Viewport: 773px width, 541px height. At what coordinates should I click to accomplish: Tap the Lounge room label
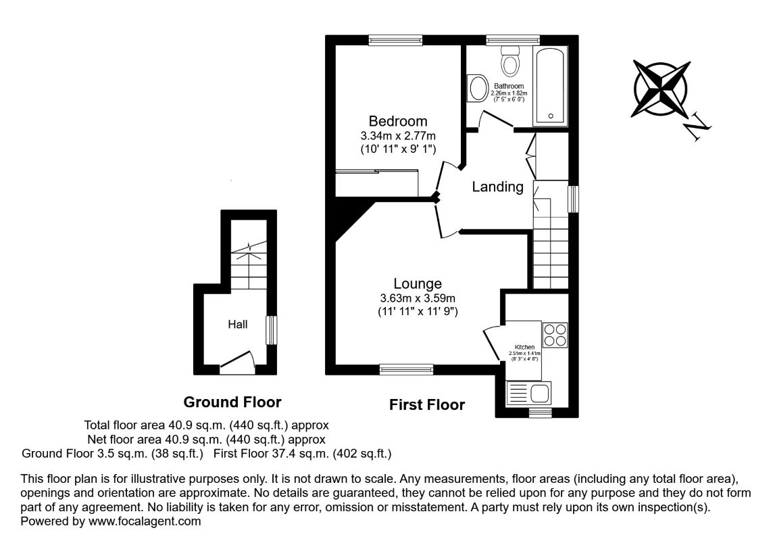pyautogui.click(x=418, y=284)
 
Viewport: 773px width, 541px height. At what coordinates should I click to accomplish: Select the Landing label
pyautogui.click(x=497, y=187)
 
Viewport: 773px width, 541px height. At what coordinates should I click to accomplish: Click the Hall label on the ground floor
pyautogui.click(x=237, y=325)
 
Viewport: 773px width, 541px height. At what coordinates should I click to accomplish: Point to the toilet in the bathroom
pyautogui.click(x=510, y=62)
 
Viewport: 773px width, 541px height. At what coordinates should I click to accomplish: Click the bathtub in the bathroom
pyautogui.click(x=551, y=86)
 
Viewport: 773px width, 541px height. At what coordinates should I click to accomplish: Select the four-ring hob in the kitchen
pyautogui.click(x=555, y=335)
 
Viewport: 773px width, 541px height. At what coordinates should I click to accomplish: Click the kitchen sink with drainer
pyautogui.click(x=529, y=393)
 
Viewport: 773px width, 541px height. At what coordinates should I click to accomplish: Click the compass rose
pyautogui.click(x=662, y=88)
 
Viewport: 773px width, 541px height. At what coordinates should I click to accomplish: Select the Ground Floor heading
pyautogui.click(x=232, y=402)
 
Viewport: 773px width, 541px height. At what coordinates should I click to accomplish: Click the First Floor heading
pyautogui.click(x=427, y=405)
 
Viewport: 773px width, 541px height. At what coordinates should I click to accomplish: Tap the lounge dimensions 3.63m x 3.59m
pyautogui.click(x=418, y=298)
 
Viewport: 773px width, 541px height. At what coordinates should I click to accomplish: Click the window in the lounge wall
pyautogui.click(x=405, y=369)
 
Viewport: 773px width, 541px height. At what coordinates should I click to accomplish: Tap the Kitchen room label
pyautogui.click(x=524, y=347)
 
